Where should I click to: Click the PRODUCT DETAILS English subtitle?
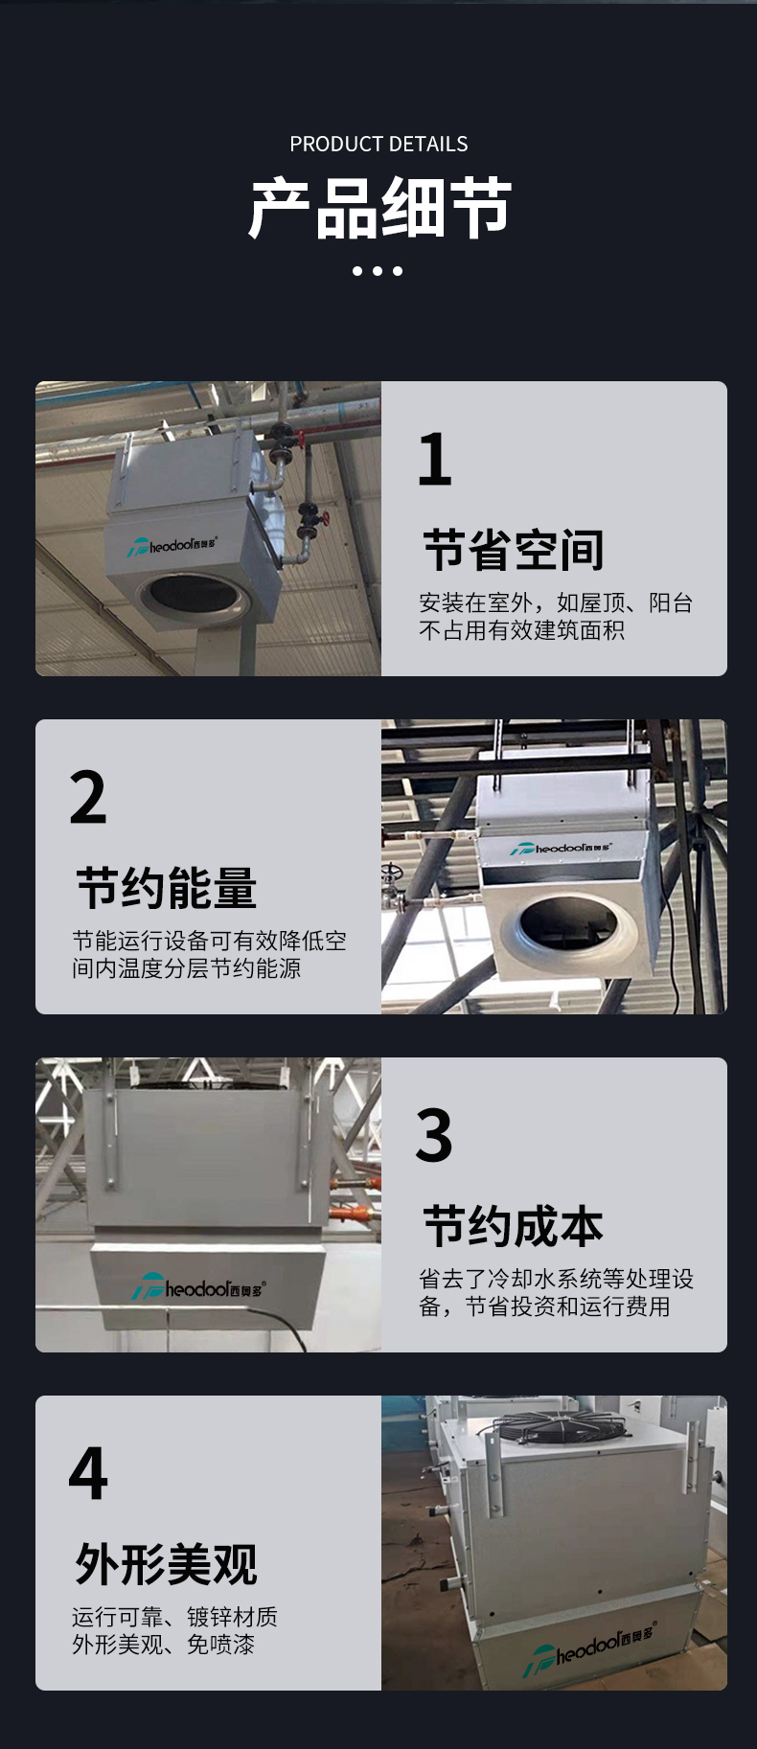378,145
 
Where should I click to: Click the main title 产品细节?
379,208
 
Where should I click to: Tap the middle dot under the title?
378,271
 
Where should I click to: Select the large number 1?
434,460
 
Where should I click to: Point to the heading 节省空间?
514,551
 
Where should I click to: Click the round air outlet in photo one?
195,596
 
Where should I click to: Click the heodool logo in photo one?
173,546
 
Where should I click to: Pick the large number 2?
88,798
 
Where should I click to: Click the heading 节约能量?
167,889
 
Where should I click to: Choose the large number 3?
434,1136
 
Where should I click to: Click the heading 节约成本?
514,1227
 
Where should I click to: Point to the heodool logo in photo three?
198,1288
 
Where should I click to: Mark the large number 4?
88,1474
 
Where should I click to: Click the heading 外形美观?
167,1565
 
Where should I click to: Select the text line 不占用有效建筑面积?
521,630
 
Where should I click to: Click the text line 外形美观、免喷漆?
163,1645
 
